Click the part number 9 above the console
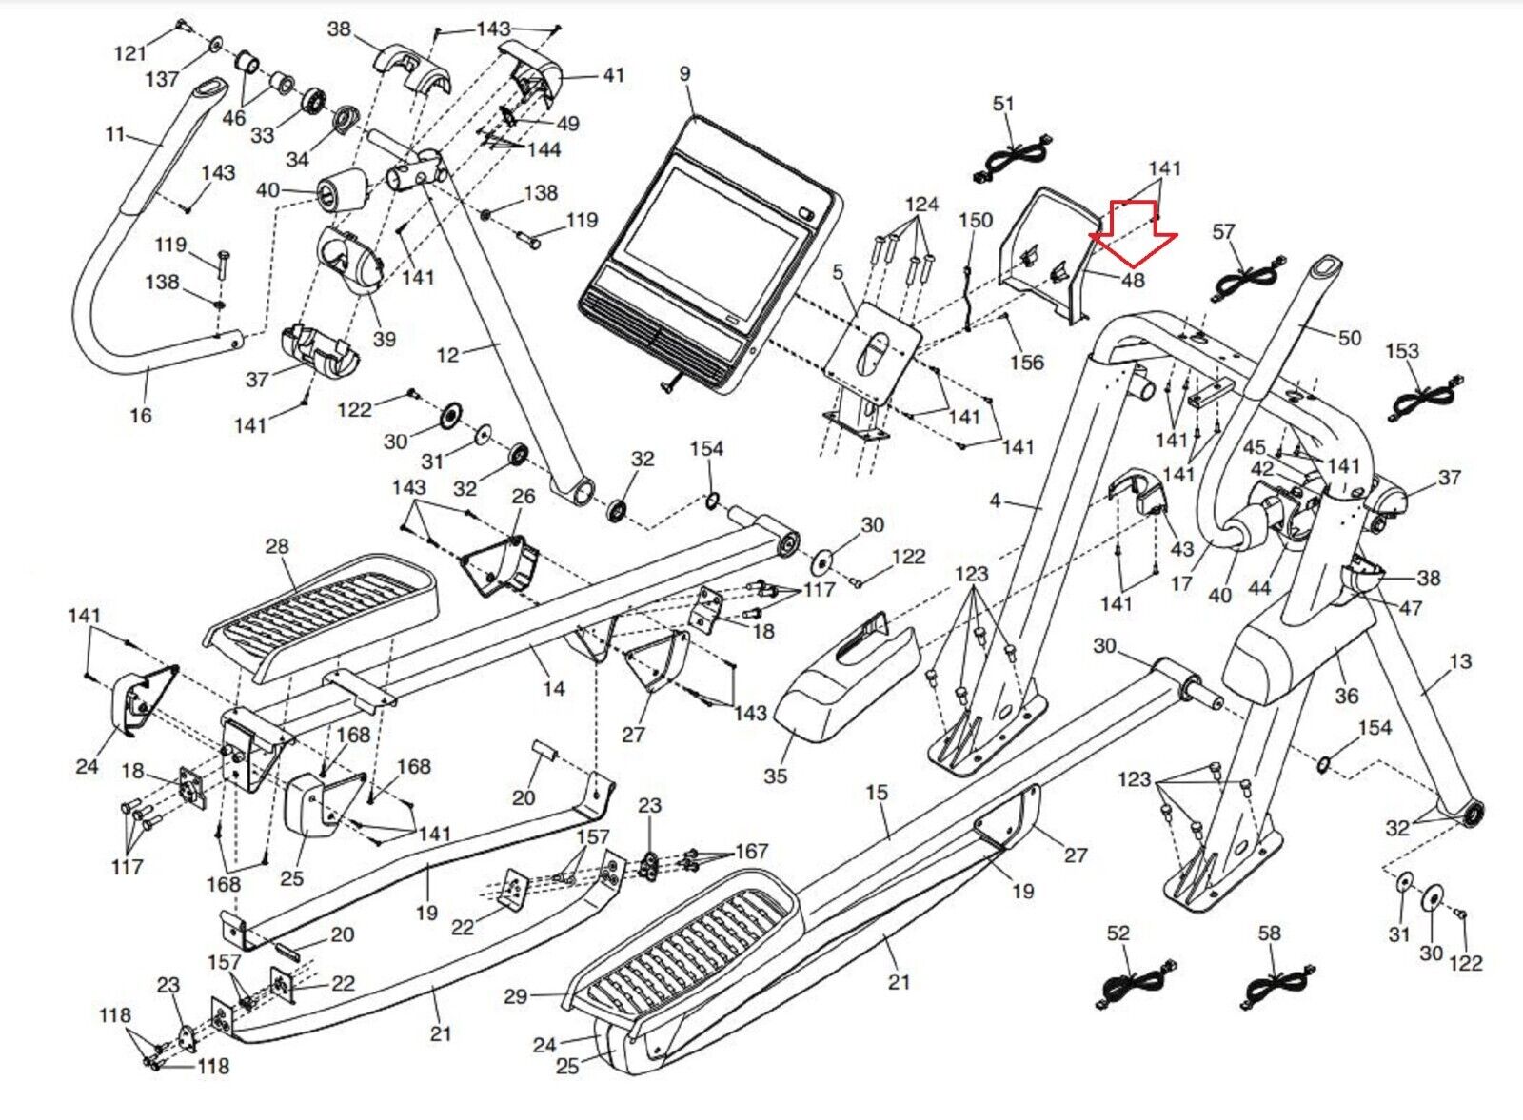[x=685, y=74]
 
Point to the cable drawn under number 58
[x=1277, y=985]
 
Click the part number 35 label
[x=776, y=776]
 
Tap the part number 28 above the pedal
[x=277, y=546]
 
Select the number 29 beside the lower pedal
[x=515, y=996]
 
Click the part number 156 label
[x=1027, y=363]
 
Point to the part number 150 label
[x=976, y=220]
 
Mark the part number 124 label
[x=921, y=204]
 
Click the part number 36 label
[x=1346, y=696]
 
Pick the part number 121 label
[x=130, y=53]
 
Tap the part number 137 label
[x=162, y=79]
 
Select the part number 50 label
[x=1350, y=338]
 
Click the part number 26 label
[x=524, y=496]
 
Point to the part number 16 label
[x=141, y=415]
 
